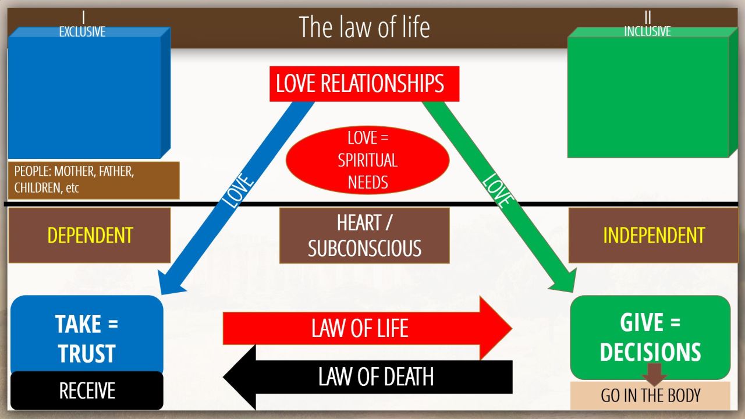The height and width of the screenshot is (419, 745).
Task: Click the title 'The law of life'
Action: pos(364,27)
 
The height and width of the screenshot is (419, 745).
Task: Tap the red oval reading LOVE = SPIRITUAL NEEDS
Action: pos(368,161)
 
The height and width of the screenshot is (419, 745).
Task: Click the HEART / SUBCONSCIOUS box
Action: pos(364,236)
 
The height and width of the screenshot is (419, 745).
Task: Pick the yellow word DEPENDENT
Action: pos(90,235)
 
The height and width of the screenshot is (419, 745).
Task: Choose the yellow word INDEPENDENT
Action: pos(654,235)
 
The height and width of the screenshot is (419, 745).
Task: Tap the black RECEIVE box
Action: pos(87,390)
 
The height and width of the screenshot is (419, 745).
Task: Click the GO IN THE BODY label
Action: pos(650,396)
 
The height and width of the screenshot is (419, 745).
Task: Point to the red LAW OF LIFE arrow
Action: pos(361,328)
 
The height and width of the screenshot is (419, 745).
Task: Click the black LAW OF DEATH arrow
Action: pos(372,377)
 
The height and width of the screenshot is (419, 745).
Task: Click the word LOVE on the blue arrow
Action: pos(239,190)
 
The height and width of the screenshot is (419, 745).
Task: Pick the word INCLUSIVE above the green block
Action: pos(647,31)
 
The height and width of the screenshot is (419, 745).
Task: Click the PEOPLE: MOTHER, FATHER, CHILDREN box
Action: pos(93,180)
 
